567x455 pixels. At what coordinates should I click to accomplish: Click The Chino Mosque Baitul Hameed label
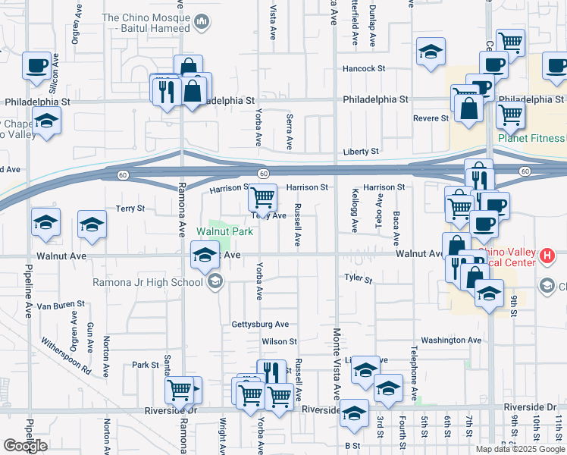145,23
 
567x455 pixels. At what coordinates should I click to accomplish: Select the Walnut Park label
224,231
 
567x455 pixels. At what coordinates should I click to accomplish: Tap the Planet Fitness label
531,138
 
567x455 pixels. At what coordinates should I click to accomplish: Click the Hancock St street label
364,68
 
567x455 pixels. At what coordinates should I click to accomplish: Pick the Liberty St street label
360,152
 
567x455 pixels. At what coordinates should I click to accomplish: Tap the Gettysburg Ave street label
260,324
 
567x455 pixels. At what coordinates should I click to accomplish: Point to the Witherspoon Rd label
66,356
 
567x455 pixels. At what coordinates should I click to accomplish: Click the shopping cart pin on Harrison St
262,198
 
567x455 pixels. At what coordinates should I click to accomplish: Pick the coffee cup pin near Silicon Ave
36,66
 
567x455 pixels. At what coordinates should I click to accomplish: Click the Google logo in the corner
25,446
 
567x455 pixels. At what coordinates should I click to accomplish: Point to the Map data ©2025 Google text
520,449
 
